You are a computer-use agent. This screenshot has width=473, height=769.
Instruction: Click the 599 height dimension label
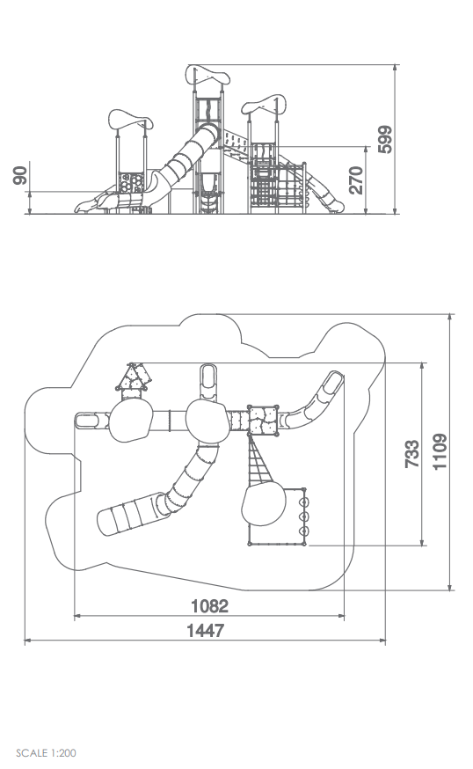point(385,140)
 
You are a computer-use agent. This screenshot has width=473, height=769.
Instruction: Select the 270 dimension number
point(356,180)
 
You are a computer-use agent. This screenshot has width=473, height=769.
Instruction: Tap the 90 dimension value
point(19,176)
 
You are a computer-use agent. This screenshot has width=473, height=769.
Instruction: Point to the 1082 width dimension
point(209,606)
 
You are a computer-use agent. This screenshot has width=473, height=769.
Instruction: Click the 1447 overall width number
point(206,631)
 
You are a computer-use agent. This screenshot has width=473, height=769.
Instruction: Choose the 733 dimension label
point(412,454)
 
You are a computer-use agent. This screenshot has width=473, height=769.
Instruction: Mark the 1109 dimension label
point(440,451)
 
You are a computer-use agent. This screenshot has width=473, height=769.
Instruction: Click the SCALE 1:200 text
point(46,753)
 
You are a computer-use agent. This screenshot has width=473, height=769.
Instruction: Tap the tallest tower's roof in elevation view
point(207,75)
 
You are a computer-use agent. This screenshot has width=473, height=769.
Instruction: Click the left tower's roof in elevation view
point(130,119)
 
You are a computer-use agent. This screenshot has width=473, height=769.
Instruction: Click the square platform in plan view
point(263,421)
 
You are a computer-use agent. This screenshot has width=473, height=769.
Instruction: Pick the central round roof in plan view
point(207,421)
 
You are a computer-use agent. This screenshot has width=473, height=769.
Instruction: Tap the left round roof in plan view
point(130,421)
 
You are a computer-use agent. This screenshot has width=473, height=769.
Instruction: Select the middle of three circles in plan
point(304,516)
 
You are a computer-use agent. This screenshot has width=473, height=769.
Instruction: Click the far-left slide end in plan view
point(86,421)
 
